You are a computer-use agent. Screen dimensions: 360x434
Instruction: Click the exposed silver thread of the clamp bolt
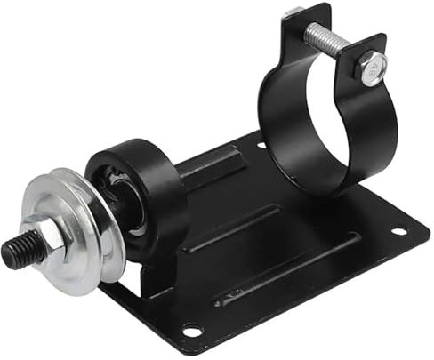(329, 37)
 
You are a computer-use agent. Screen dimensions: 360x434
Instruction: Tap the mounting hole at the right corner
(398, 232)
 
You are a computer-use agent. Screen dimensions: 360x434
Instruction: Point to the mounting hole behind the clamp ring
(261, 145)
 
